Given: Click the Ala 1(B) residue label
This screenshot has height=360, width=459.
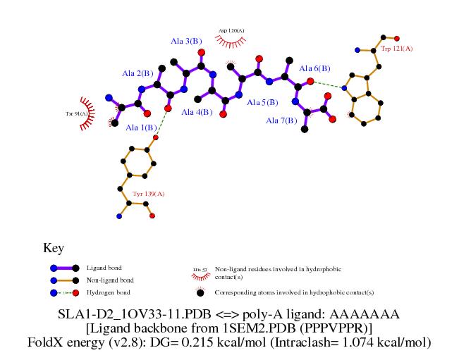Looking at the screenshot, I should pyautogui.click(x=142, y=128).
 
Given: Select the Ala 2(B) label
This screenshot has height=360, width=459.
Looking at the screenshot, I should pyautogui.click(x=137, y=73).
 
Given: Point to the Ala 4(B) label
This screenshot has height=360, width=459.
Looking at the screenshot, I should pyautogui.click(x=197, y=112).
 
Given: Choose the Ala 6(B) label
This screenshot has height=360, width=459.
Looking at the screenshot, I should pyautogui.click(x=314, y=68).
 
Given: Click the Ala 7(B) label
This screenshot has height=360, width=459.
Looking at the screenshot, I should pyautogui.click(x=281, y=120).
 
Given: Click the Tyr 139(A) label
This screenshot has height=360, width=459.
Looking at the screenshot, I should pyautogui.click(x=148, y=193).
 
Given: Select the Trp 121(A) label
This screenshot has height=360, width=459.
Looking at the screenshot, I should pyautogui.click(x=397, y=49).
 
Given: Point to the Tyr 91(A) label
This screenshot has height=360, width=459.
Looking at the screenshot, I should pyautogui.click(x=76, y=113).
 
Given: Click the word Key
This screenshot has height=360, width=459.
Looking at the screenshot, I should pyautogui.click(x=54, y=248).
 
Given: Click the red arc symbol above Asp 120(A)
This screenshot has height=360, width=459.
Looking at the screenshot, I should pyautogui.click(x=230, y=43).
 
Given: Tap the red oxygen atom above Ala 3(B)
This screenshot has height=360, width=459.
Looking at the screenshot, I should pyautogui.click(x=202, y=52).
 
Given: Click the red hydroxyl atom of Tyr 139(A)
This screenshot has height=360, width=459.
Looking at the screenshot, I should pyautogui.click(x=156, y=137).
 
